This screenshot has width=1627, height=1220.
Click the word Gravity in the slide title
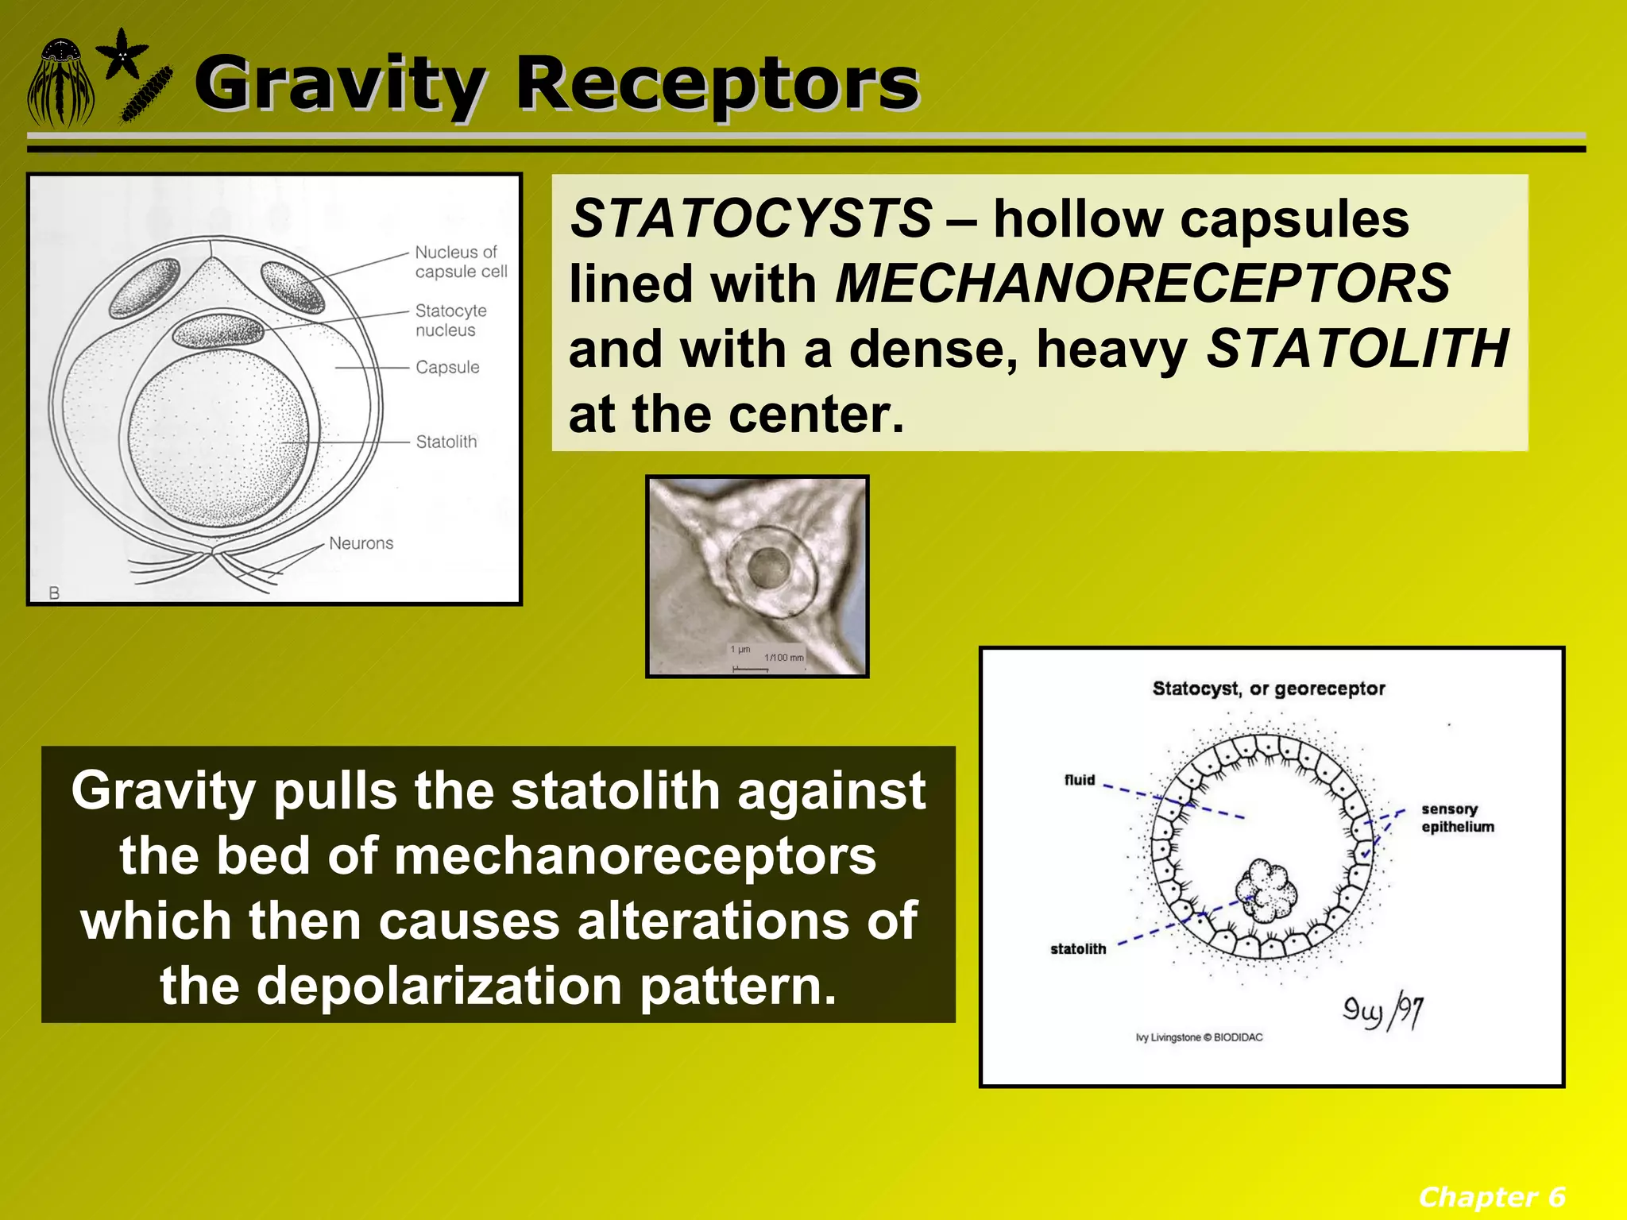click(338, 83)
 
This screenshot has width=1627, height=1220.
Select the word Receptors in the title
click(717, 83)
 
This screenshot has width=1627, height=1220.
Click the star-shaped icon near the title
click(122, 54)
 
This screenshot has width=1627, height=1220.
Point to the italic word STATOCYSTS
click(751, 218)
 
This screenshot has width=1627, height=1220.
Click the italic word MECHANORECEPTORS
click(1142, 284)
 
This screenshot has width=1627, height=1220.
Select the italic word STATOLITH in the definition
click(1357, 349)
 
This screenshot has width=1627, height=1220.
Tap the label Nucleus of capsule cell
click(461, 262)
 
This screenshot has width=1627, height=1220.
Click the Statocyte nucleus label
click(450, 320)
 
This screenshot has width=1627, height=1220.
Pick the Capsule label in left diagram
click(447, 368)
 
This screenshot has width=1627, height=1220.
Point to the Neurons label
click(361, 543)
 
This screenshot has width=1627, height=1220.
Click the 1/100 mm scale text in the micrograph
click(783, 658)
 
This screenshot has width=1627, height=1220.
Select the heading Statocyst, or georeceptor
click(1268, 689)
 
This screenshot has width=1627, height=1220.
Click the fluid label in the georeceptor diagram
click(1080, 780)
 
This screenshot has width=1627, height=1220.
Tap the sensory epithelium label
click(1457, 818)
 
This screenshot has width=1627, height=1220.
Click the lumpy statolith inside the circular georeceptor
click(1266, 890)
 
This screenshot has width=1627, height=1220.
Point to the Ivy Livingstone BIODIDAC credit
click(1199, 1037)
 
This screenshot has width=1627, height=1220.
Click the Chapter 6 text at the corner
click(1491, 1196)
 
